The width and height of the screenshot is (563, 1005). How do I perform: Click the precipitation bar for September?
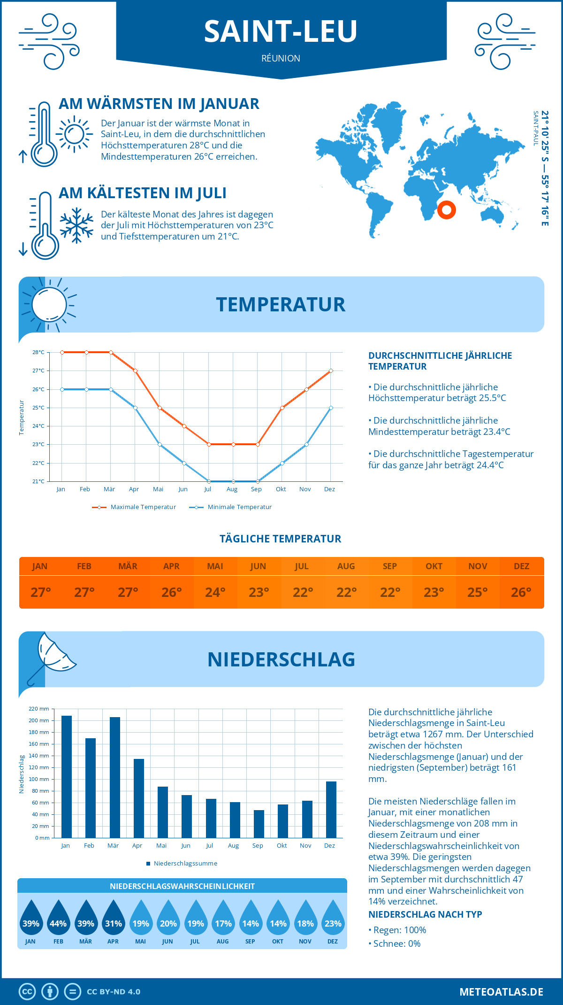[x=259, y=824]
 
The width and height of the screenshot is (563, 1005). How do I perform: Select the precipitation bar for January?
[x=67, y=777]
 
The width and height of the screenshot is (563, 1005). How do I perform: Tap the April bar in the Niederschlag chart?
[x=139, y=798]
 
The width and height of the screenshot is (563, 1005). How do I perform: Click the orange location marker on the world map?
[x=447, y=209]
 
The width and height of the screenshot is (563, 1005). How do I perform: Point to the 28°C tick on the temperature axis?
[x=38, y=352]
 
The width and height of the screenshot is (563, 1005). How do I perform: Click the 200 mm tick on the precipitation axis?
[x=39, y=720]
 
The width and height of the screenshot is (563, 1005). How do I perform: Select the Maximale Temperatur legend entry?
[x=134, y=507]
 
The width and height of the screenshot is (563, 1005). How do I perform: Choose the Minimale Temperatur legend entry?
[x=231, y=507]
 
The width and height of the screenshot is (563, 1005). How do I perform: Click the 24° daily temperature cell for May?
[x=215, y=592]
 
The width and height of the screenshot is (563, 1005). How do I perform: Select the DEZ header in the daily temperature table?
[x=522, y=566]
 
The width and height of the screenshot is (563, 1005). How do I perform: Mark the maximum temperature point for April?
[x=136, y=371]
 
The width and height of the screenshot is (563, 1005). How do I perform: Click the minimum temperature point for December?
[x=331, y=408]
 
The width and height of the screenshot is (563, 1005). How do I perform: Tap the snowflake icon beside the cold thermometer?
[x=76, y=225]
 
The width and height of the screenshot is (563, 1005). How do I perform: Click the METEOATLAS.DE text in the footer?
[x=501, y=992]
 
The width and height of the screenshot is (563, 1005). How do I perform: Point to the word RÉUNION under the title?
[x=281, y=58]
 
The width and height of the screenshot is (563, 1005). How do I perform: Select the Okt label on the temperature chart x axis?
[x=281, y=489]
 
